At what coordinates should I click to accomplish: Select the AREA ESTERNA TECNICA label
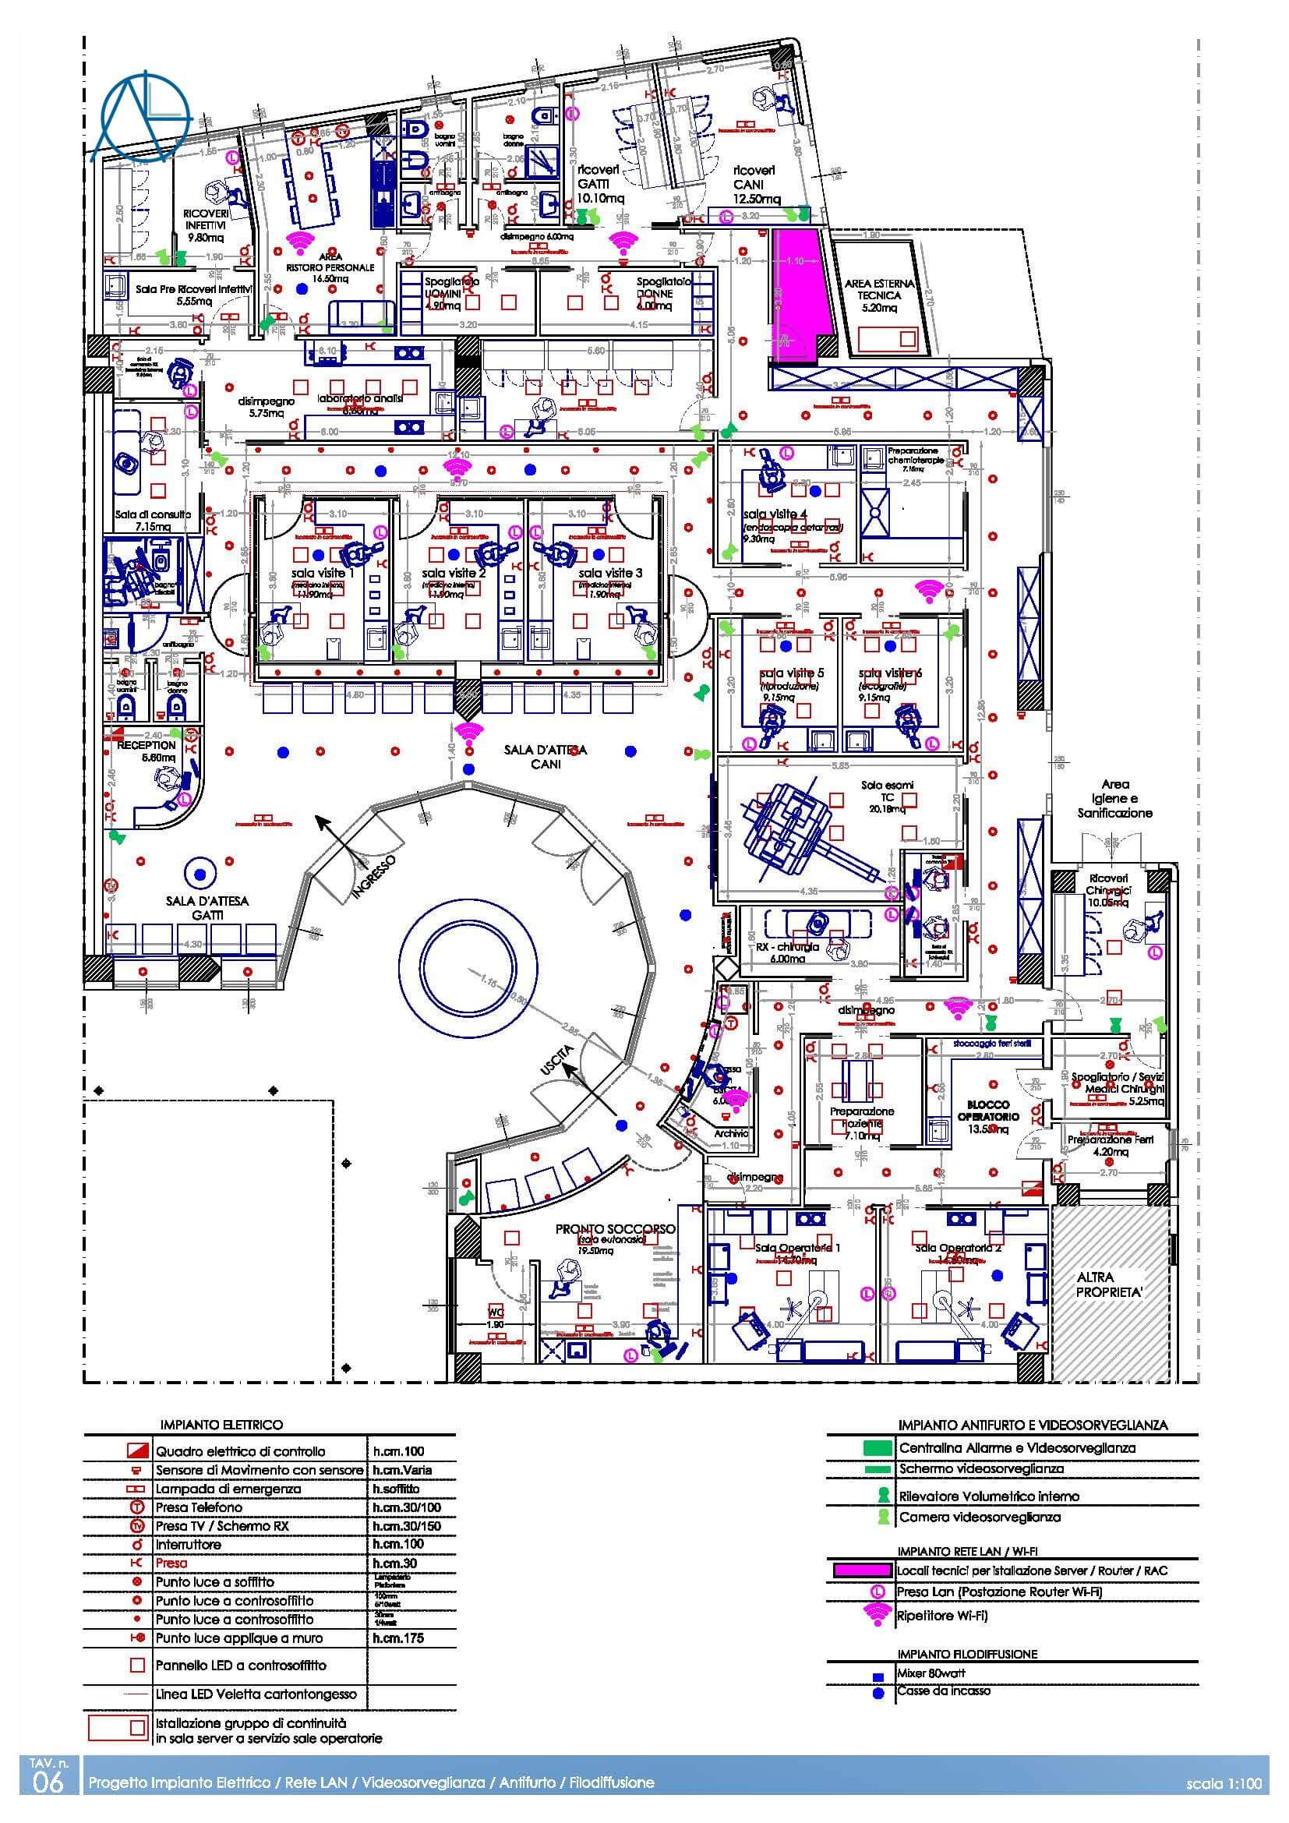pyautogui.click(x=878, y=295)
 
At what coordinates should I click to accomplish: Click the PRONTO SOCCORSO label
pyautogui.click(x=615, y=1229)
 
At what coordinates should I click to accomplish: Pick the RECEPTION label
pyautogui.click(x=147, y=746)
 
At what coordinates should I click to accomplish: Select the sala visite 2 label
pyautogui.click(x=454, y=573)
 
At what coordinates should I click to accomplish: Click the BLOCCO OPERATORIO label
pyautogui.click(x=988, y=1110)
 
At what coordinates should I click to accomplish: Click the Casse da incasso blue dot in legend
pyautogui.click(x=878, y=1693)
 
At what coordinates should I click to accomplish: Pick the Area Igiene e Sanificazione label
pyautogui.click(x=1114, y=799)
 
